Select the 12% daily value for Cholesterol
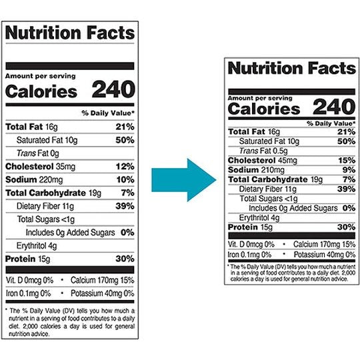tap(125, 166)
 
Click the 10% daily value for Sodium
tap(125, 180)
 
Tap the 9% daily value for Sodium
tap(349, 170)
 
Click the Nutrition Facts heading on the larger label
tap(70, 33)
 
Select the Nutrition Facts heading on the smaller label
tap(291, 69)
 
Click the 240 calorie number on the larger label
tap(113, 90)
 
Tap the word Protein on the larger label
tap(21, 259)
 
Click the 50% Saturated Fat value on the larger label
tap(125, 139)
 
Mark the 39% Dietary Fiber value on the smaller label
tap(346, 189)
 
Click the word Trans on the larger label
tap(27, 153)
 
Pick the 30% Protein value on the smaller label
tap(346, 227)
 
